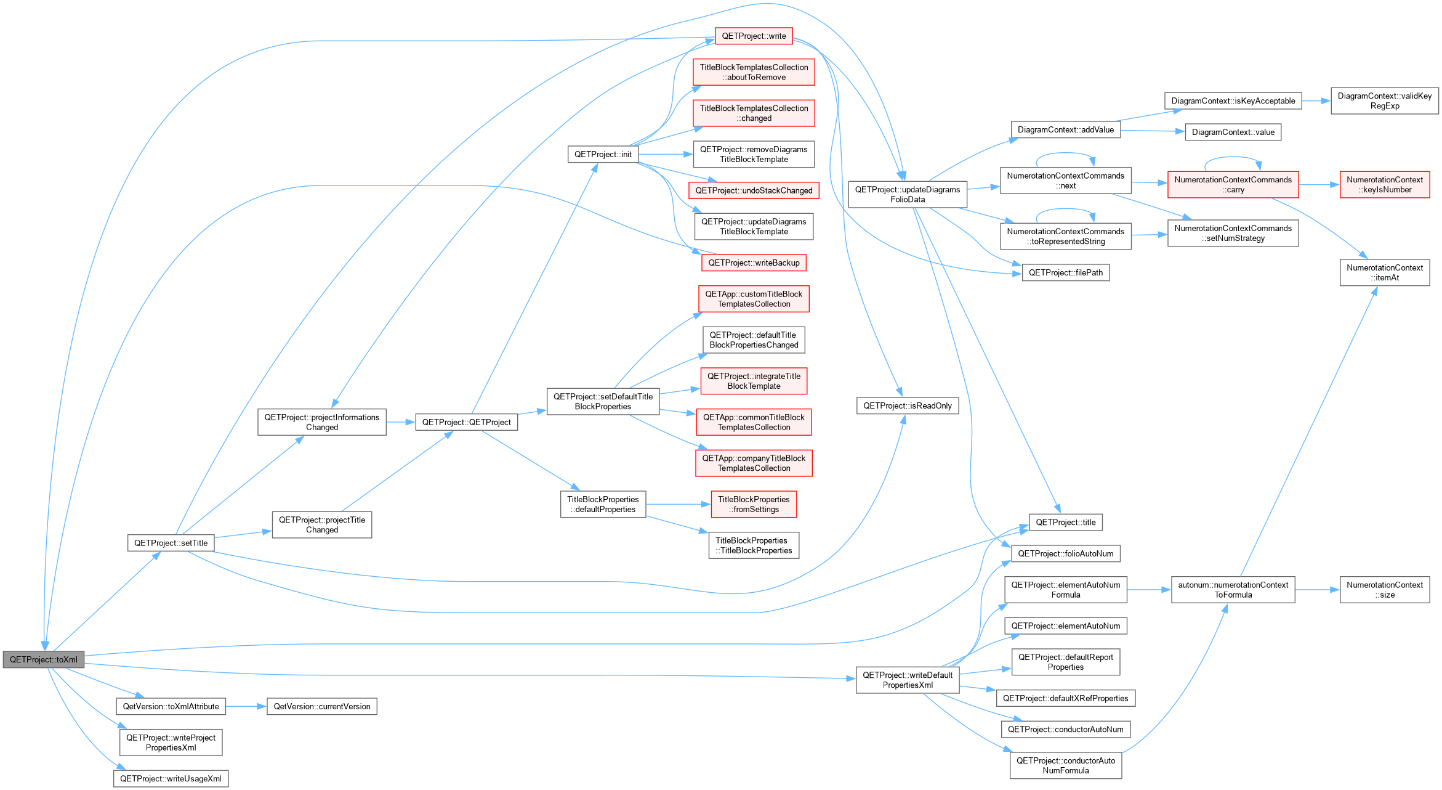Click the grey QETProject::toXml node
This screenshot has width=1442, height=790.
pyautogui.click(x=43, y=659)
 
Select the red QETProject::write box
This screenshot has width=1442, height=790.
pyautogui.click(x=754, y=36)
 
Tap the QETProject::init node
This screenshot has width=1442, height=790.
pyautogui.click(x=603, y=154)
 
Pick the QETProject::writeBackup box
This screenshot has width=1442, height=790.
pyautogui.click(x=754, y=263)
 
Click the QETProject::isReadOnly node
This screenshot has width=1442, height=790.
pyautogui.click(x=907, y=405)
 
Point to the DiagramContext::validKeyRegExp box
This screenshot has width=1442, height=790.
pyautogui.click(x=1385, y=101)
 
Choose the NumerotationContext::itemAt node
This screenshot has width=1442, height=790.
pyautogui.click(x=1385, y=272)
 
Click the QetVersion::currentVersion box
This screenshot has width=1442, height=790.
pyautogui.click(x=322, y=706)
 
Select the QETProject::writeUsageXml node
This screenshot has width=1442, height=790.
pyautogui.click(x=171, y=778)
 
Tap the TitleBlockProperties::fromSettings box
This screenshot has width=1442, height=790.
pyautogui.click(x=754, y=504)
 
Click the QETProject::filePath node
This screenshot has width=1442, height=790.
pyautogui.click(x=1066, y=272)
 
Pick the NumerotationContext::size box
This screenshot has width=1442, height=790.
pyautogui.click(x=1385, y=590)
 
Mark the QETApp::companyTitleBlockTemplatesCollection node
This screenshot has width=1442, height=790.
pyautogui.click(x=754, y=463)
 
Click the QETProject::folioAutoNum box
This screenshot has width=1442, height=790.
pyautogui.click(x=1066, y=553)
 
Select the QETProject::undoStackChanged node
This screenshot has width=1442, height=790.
pyautogui.click(x=754, y=190)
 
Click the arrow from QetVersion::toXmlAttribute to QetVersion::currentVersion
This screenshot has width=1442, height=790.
pyautogui.click(x=246, y=706)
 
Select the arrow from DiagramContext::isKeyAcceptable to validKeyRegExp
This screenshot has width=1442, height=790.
pyautogui.click(x=1316, y=101)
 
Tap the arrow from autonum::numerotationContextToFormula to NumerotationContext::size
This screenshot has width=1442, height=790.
pyautogui.click(x=1317, y=590)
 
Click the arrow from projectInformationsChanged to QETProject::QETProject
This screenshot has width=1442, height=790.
pyautogui.click(x=401, y=422)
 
